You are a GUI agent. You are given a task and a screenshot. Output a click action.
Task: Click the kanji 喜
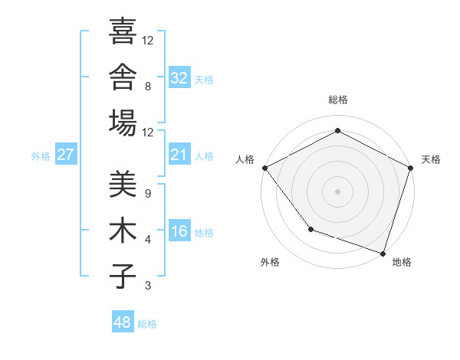(123, 31)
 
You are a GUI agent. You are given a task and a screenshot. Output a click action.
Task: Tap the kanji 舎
(123, 77)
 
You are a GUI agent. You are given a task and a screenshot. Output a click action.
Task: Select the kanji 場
(123, 123)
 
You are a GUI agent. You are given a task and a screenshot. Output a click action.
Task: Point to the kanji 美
(123, 184)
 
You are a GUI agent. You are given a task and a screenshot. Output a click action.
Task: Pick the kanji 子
(123, 276)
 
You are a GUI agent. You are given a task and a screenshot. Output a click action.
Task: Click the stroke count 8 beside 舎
(148, 87)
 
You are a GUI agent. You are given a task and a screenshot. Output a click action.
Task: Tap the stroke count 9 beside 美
(148, 194)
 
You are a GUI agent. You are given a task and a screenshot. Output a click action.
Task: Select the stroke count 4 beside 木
(148, 240)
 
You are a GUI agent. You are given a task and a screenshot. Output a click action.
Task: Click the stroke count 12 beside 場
(147, 133)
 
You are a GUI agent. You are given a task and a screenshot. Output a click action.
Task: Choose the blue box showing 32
(179, 77)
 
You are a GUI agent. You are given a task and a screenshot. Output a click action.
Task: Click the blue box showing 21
(179, 154)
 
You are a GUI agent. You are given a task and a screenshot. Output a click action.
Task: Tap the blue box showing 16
(179, 230)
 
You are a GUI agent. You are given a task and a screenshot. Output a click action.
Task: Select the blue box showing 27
(66, 154)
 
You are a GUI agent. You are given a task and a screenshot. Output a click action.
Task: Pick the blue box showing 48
(123, 321)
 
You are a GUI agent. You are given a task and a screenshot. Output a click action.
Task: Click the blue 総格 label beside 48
(147, 324)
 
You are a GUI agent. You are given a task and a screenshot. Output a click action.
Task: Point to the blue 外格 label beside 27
(41, 156)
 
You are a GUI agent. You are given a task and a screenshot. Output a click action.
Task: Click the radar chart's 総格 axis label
(338, 100)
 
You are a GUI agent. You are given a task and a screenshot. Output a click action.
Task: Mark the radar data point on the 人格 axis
(265, 168)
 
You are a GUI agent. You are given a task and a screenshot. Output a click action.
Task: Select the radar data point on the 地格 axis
(383, 254)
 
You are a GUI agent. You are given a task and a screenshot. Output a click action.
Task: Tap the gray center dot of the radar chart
(337, 191)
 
